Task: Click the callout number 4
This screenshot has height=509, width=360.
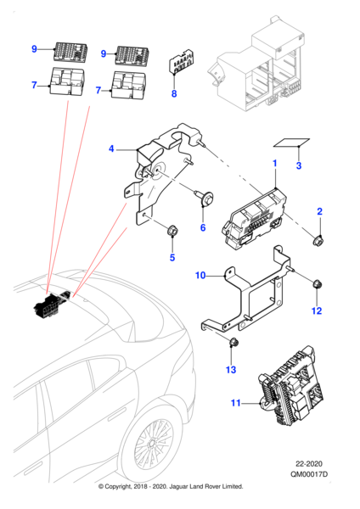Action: [x=110, y=149]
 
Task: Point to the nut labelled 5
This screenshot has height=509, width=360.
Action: [x=171, y=230]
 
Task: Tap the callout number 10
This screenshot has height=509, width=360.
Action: [x=201, y=276]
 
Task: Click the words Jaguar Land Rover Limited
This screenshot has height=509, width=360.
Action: [x=204, y=487]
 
